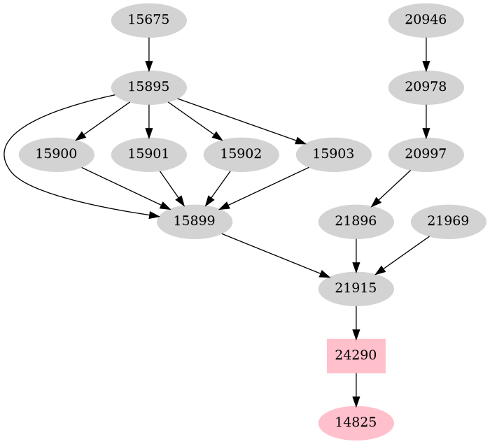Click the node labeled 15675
pyautogui.click(x=148, y=20)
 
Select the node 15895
pyautogui.click(x=148, y=87)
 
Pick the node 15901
pyautogui.click(x=148, y=154)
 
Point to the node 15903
pyautogui.click(x=333, y=154)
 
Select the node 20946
pyautogui.click(x=426, y=20)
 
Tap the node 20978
pyautogui.click(x=426, y=87)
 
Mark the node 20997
pyautogui.click(x=426, y=154)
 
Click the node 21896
pyautogui.click(x=356, y=222)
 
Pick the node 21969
pyautogui.click(x=448, y=222)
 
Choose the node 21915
pyautogui.click(x=356, y=288)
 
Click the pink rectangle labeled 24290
pyautogui.click(x=356, y=355)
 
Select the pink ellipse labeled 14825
pyautogui.click(x=356, y=422)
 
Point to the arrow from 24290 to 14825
pyautogui.click(x=356, y=389)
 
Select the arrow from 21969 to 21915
pyautogui.click(x=404, y=255)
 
